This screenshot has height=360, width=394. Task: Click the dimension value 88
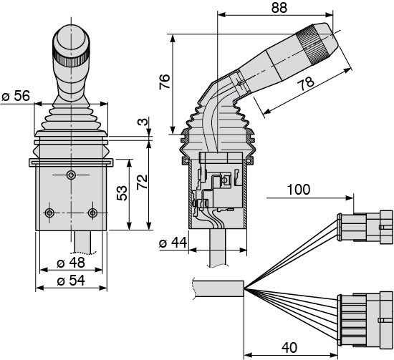(279, 8)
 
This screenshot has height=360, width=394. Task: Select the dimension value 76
(165, 82)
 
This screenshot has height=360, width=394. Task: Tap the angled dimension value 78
(306, 83)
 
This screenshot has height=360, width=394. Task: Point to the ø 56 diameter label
(16, 96)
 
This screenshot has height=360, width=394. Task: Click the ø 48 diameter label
(71, 263)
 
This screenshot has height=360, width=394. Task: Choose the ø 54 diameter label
(71, 281)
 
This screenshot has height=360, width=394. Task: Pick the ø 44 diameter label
(173, 243)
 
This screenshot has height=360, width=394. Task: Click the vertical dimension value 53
(122, 193)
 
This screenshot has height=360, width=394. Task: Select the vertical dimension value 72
(143, 182)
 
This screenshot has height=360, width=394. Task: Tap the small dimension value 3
(143, 122)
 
